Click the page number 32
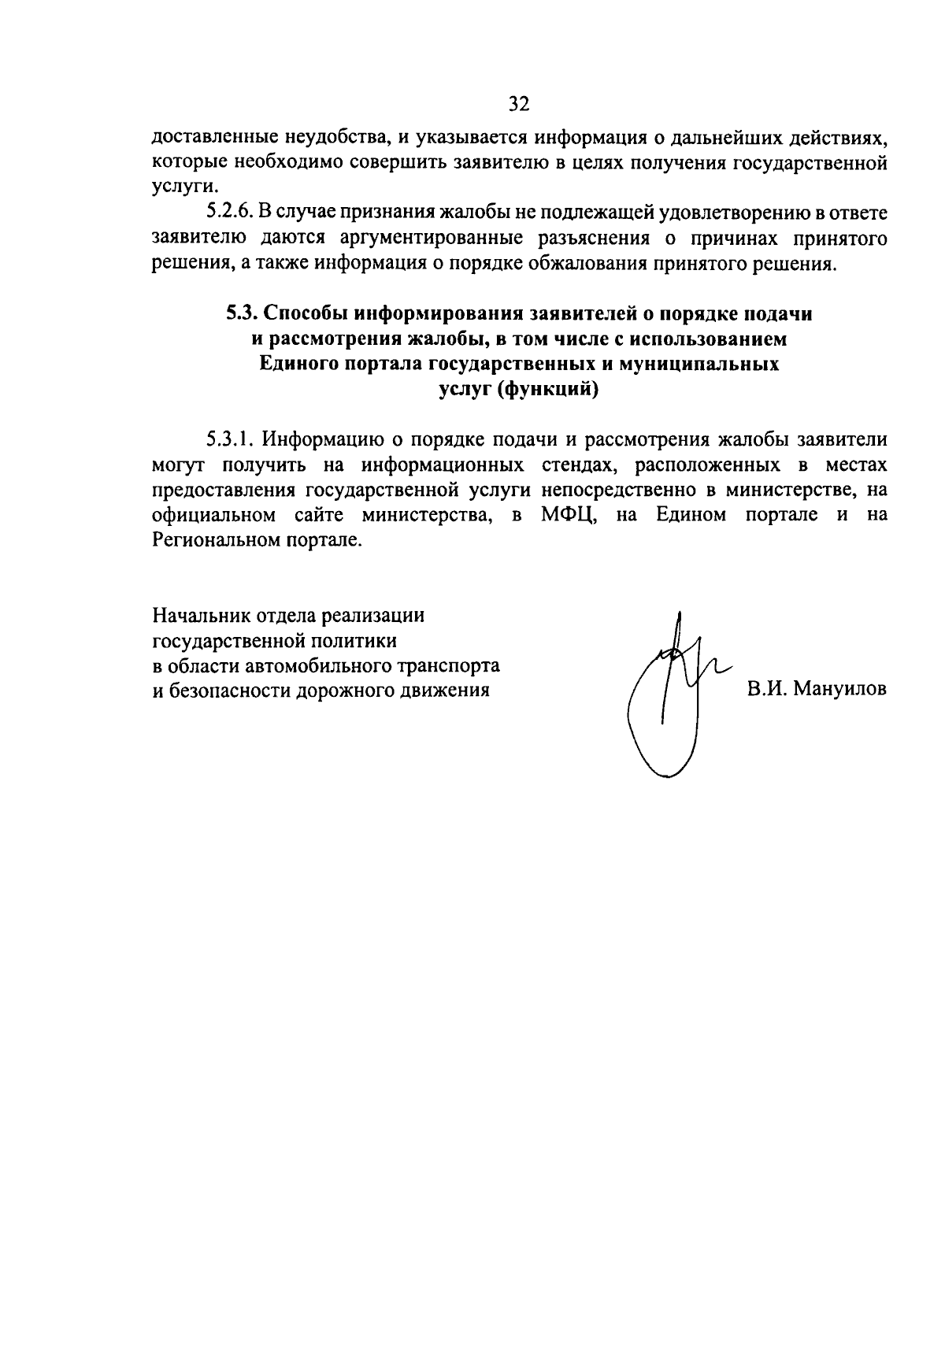519,103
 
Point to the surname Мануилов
840,690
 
